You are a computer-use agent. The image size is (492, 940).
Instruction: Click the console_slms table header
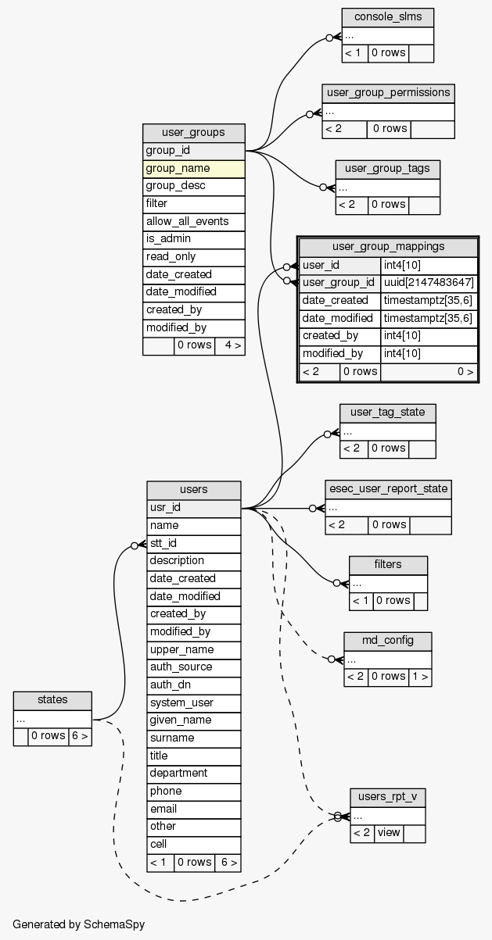click(x=387, y=18)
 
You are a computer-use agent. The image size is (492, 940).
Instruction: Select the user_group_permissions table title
click(x=388, y=93)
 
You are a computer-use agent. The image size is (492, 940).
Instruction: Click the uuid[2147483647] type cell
click(x=429, y=282)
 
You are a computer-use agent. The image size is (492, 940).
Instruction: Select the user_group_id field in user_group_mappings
click(x=339, y=282)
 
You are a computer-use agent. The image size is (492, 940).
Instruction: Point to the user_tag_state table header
click(x=387, y=413)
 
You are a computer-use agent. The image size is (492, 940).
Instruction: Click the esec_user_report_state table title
click(x=388, y=489)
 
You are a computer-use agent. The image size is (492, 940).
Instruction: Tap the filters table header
click(x=388, y=565)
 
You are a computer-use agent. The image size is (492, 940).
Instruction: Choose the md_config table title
click(x=387, y=641)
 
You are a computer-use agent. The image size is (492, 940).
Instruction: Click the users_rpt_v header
click(x=388, y=798)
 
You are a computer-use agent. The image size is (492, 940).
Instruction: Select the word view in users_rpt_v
click(x=389, y=833)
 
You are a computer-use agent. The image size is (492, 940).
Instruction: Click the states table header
click(x=52, y=700)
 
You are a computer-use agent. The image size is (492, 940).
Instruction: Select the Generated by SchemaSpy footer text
click(x=79, y=924)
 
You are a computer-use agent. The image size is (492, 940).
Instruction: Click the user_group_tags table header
click(x=387, y=169)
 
